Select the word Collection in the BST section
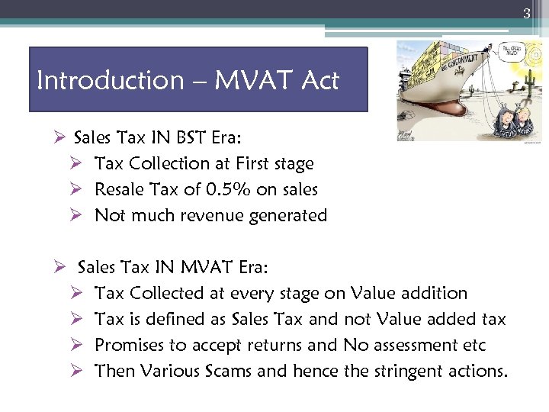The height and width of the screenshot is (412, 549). click(x=170, y=163)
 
